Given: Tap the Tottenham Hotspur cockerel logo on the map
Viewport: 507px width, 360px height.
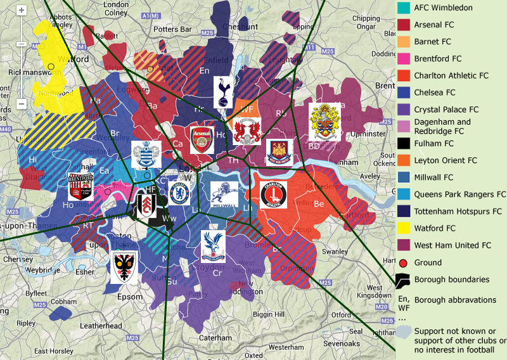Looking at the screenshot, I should click(222, 91).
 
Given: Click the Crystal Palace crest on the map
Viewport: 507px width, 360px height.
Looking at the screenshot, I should click(214, 246).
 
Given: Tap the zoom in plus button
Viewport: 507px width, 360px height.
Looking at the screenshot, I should click(22, 11).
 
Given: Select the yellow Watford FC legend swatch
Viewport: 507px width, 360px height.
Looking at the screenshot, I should click(403, 228).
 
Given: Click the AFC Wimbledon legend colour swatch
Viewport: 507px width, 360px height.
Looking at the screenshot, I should click(403, 8).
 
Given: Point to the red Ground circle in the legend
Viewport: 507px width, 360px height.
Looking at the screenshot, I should click(403, 262).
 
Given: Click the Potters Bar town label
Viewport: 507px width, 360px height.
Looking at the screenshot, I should click(172, 29).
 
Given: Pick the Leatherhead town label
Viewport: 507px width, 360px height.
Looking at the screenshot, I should click(100, 326).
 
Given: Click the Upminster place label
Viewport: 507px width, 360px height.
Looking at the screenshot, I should click(368, 134).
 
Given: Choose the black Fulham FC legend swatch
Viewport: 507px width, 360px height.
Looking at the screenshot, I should click(403, 143).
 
